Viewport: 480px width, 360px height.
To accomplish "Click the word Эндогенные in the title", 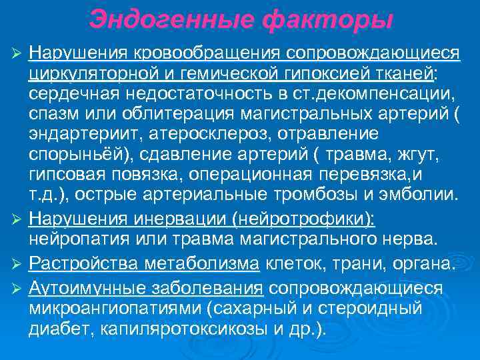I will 171,19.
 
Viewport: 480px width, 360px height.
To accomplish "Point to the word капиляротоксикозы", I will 186,329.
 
